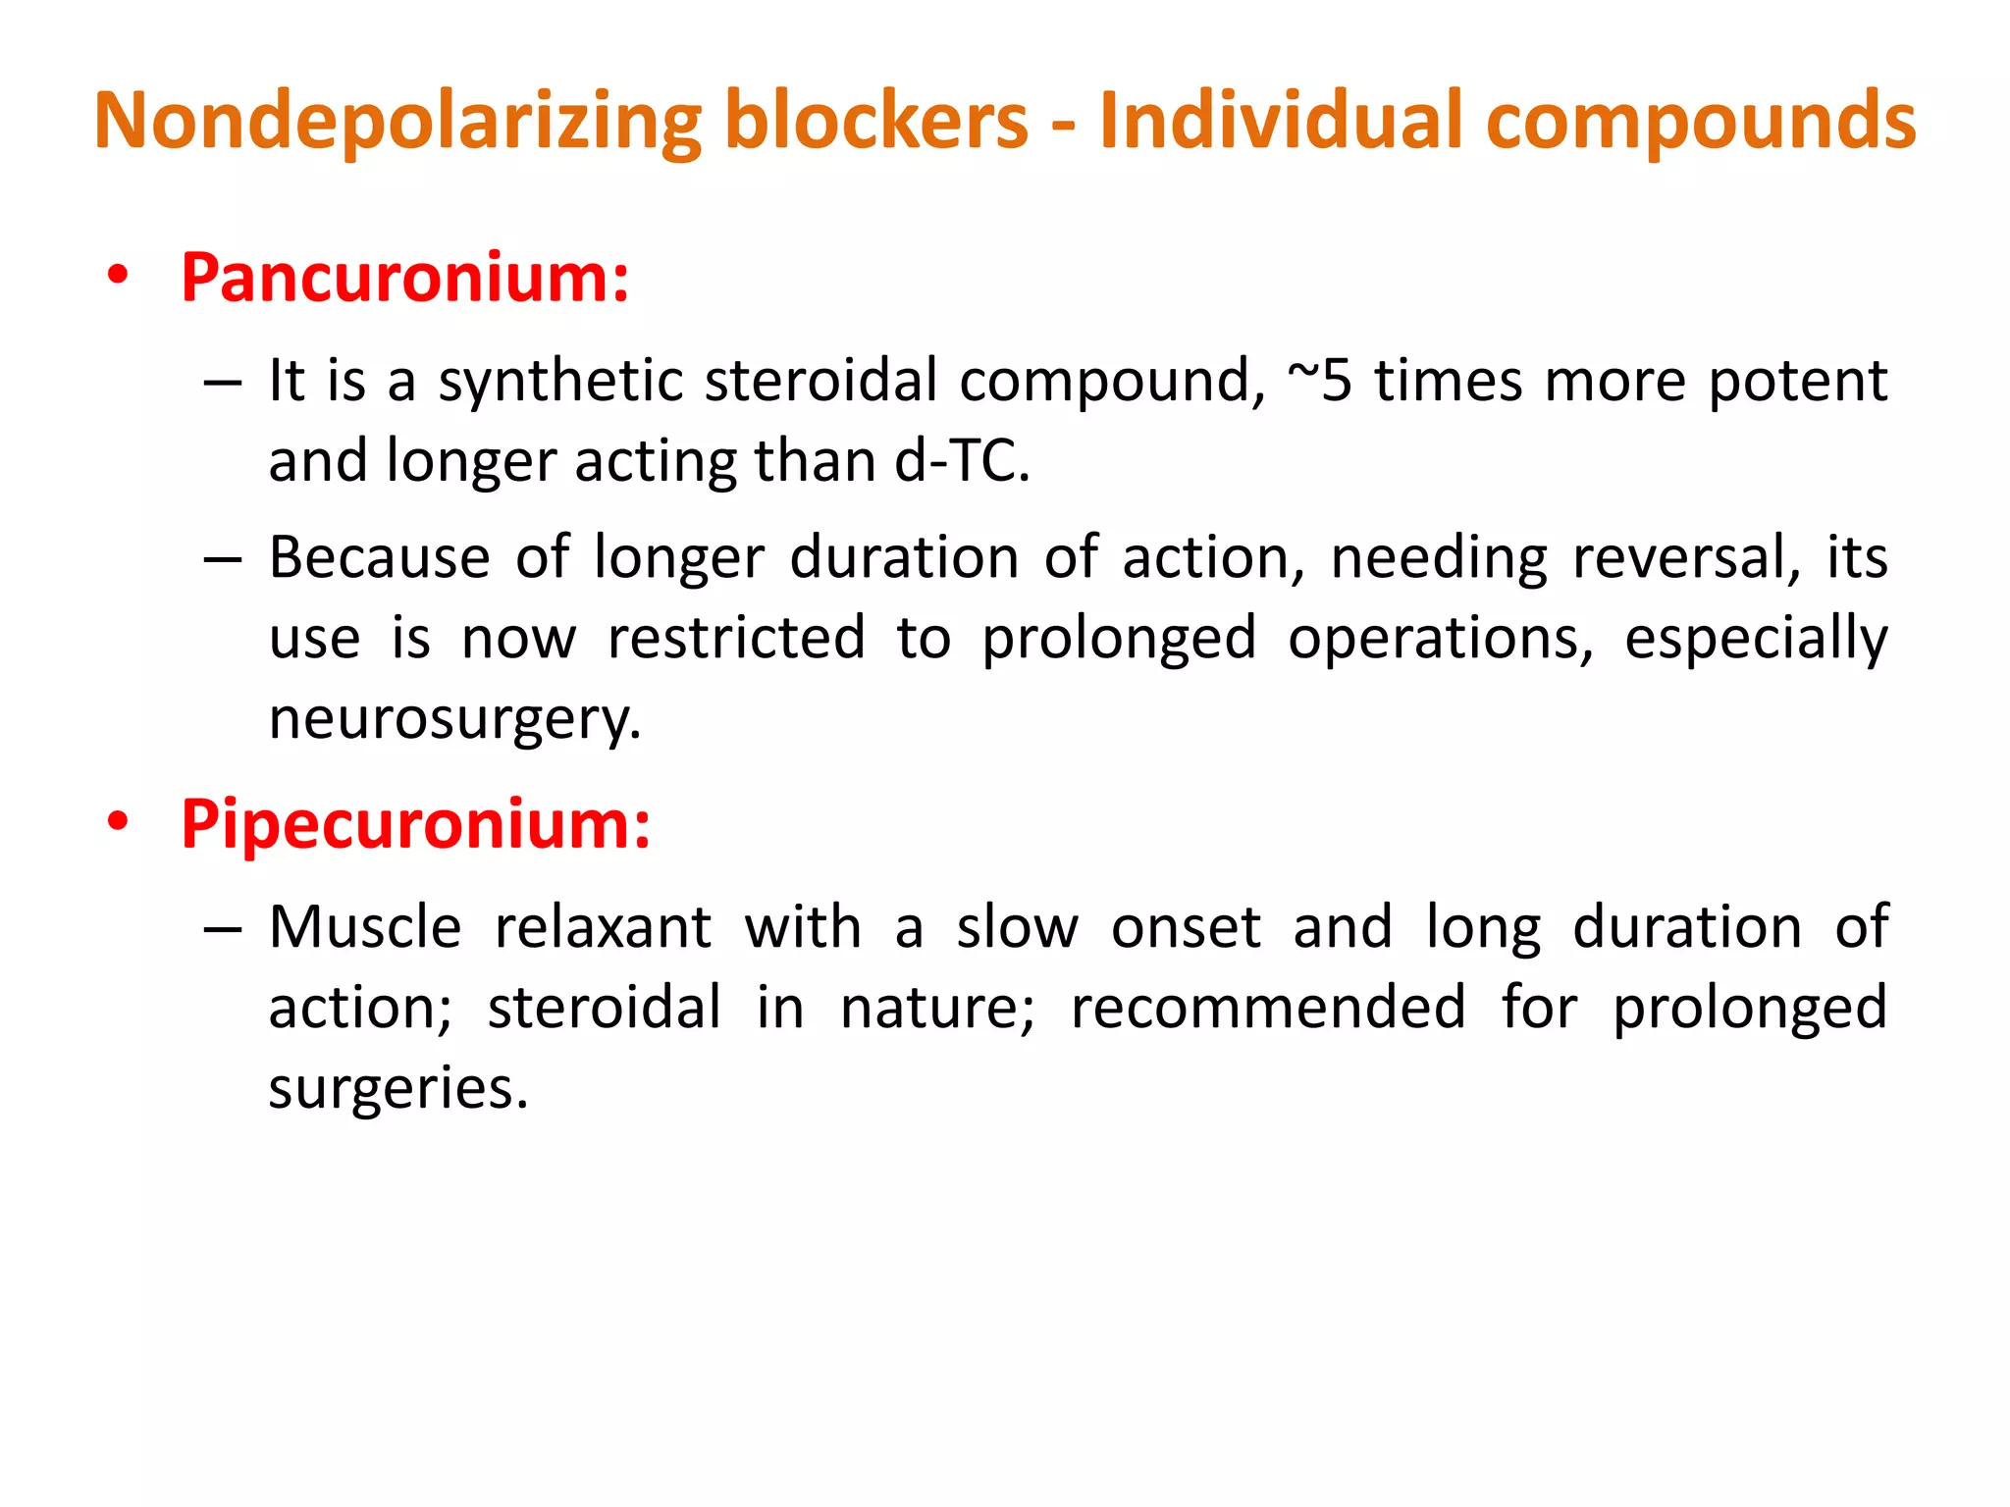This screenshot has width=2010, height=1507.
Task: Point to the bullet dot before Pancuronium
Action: (x=119, y=276)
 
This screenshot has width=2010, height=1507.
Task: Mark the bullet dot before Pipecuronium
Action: (x=119, y=821)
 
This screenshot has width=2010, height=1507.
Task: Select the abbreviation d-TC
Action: (x=962, y=461)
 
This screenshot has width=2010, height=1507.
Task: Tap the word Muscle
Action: (x=365, y=927)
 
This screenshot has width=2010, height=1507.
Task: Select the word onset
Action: (x=1186, y=927)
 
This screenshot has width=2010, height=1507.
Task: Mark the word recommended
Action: (x=1268, y=1008)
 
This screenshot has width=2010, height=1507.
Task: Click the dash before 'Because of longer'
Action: (x=223, y=559)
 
